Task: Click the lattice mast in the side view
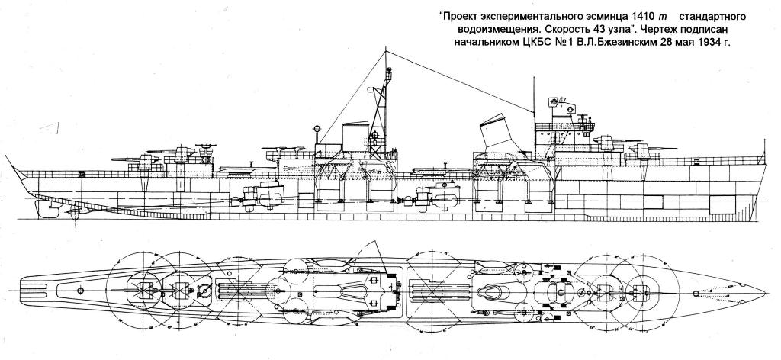[x=378, y=114]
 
